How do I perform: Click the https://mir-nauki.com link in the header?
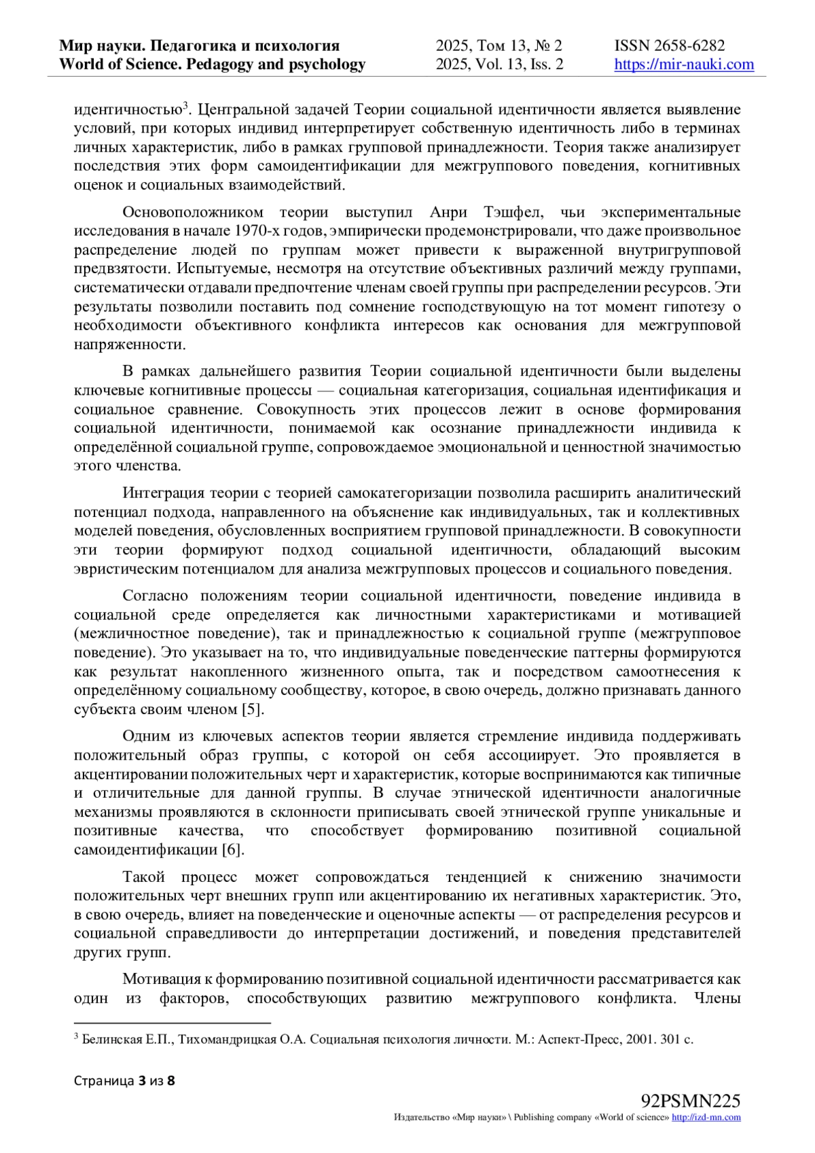point(684,65)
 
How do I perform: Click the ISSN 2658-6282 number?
point(669,46)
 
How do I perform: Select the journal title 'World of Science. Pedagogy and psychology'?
point(213,65)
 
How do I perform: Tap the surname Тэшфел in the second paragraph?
point(507,213)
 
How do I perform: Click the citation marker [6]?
point(233,850)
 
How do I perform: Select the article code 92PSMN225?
point(690,1100)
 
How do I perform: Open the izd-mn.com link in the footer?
point(706,1117)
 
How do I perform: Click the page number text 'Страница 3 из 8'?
point(124,1080)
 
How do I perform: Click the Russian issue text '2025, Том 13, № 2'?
point(499,46)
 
